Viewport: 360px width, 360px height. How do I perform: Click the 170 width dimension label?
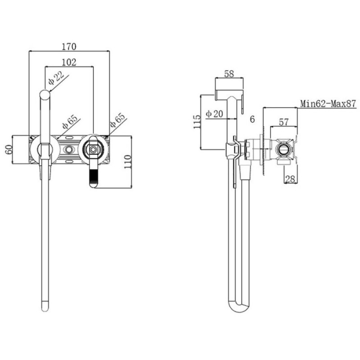69,47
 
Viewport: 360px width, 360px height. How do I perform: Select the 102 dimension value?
69,62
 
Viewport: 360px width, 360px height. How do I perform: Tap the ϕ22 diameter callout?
56,78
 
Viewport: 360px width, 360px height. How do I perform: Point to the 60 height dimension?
9,149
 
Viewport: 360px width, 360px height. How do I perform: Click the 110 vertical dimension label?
128,162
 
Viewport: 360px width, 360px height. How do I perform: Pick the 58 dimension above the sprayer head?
229,74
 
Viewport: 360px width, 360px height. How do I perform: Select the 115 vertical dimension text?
197,121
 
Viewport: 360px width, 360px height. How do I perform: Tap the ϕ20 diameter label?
214,114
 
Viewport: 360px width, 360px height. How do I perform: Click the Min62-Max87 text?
328,103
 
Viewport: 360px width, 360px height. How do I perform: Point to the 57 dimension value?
283,122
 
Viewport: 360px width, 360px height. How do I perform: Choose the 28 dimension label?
290,179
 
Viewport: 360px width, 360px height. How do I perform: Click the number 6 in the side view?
252,119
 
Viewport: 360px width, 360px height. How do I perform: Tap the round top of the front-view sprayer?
45,94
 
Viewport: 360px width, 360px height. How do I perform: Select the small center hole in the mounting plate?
69,150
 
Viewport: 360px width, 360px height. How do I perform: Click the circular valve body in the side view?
284,150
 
